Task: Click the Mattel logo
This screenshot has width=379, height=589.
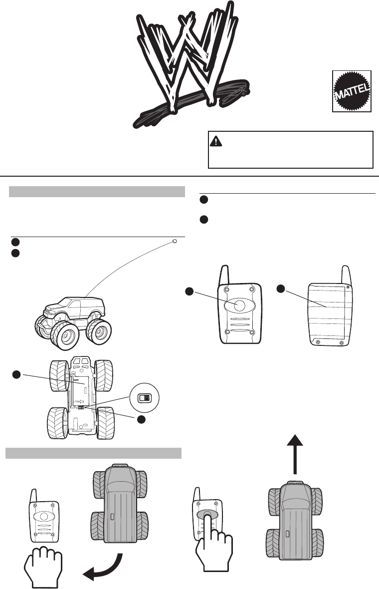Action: pyautogui.click(x=352, y=91)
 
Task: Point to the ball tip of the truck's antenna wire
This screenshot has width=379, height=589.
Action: pyautogui.click(x=174, y=242)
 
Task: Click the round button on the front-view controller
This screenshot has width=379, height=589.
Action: pyautogui.click(x=239, y=306)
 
